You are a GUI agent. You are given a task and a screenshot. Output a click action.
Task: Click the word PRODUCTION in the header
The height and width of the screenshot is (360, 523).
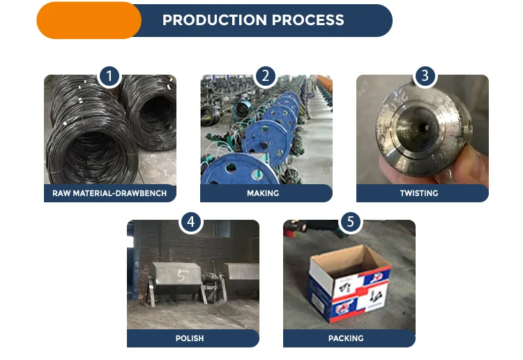click(x=215, y=20)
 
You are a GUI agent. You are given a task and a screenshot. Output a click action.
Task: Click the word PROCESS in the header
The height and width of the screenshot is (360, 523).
click(x=308, y=20)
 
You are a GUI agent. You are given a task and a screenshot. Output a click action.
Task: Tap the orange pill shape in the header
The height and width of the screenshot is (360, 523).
click(x=89, y=20)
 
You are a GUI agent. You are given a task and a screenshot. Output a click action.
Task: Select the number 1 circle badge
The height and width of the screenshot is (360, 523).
click(x=109, y=77)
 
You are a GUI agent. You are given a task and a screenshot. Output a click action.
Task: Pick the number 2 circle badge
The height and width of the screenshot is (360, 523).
click(x=266, y=77)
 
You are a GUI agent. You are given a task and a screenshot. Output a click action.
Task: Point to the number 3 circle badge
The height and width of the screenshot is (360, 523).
click(x=425, y=77)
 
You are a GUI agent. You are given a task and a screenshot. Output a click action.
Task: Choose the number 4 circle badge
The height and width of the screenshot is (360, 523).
click(x=191, y=222)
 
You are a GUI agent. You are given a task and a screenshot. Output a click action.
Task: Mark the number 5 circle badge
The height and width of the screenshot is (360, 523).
click(x=350, y=222)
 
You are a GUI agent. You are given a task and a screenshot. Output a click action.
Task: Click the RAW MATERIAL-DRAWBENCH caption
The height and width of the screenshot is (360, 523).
click(x=109, y=193)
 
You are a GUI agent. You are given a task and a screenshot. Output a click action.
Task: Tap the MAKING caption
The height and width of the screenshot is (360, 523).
click(x=263, y=193)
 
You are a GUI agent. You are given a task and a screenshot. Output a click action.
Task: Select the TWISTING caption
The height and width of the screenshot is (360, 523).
click(x=419, y=193)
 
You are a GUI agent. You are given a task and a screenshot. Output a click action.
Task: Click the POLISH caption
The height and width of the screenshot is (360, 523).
click(x=190, y=338)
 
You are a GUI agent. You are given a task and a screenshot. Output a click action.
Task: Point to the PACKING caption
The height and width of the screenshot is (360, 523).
click(x=346, y=338)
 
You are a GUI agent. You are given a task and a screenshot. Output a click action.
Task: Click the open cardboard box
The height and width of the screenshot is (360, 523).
click(x=349, y=283)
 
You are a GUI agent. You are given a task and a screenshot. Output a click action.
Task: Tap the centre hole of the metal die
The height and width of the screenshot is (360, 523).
click(x=425, y=127)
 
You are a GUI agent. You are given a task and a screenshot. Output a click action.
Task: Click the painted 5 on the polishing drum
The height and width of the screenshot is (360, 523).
click(x=182, y=276)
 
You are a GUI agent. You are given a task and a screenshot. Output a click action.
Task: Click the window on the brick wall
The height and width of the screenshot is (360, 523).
click(x=222, y=229)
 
